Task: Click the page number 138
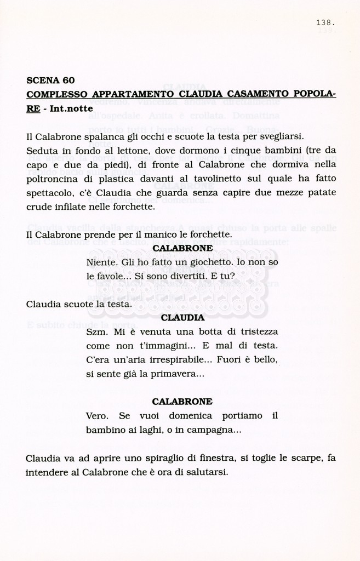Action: [325, 22]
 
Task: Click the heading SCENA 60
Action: [50, 80]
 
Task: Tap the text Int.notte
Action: [71, 108]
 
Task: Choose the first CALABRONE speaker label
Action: [182, 248]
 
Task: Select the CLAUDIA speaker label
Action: [182, 317]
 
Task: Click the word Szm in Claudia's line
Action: [95, 331]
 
